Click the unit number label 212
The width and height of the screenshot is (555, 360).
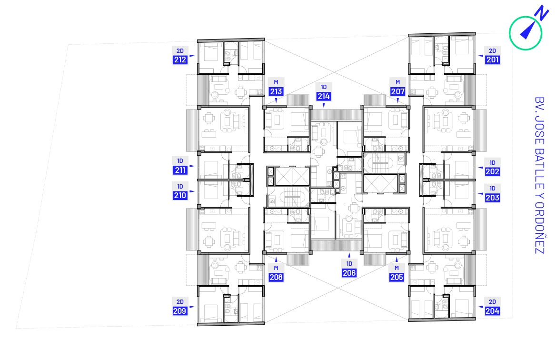(180, 60)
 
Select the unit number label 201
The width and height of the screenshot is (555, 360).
(492, 60)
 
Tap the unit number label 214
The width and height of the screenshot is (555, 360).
(324, 96)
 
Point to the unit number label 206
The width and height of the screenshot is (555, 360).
(349, 272)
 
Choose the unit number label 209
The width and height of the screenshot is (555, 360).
(180, 311)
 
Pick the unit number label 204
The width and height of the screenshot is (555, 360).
(492, 311)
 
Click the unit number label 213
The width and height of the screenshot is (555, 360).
(276, 91)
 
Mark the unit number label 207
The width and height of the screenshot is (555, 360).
(397, 91)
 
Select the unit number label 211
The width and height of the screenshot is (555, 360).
(180, 170)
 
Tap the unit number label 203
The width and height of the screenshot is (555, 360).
(492, 198)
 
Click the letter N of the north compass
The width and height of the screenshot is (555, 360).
(542, 13)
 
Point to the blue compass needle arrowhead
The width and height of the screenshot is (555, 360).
(527, 31)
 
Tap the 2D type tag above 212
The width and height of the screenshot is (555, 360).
(180, 50)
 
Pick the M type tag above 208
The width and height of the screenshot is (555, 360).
(276, 268)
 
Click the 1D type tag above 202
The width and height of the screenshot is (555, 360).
(492, 162)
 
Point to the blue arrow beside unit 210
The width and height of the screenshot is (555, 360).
(192, 191)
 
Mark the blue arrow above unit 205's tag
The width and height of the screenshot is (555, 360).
(396, 260)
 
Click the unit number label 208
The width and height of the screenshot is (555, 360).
(276, 277)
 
